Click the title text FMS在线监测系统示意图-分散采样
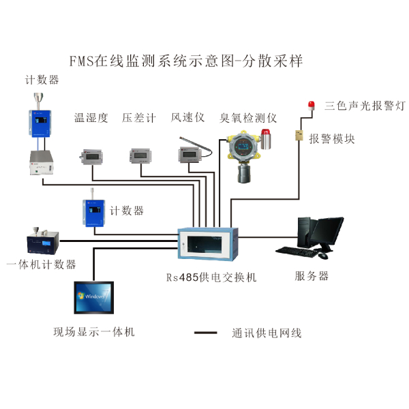(186, 61)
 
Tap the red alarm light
(313, 105)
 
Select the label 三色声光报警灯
(365, 106)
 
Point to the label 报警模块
(332, 139)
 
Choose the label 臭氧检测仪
(248, 118)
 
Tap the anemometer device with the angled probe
(187, 152)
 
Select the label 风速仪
(187, 118)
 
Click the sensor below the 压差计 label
(139, 155)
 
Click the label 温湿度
(91, 118)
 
